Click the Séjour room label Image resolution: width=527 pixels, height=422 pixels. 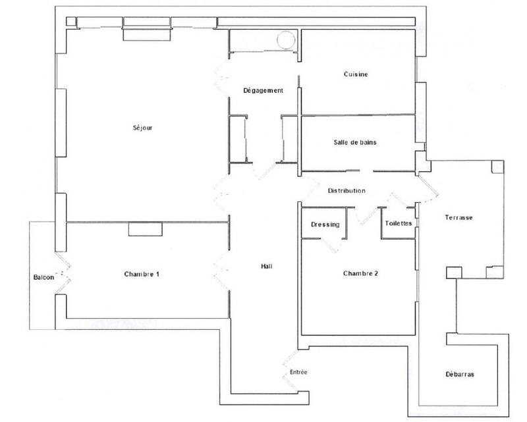pos(142,128)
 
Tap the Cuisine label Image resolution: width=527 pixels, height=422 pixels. pos(355,74)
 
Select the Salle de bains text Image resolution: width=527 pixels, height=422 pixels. pos(355,142)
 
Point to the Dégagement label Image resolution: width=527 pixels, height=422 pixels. pos(263,91)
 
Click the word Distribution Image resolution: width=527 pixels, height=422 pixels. pos(347,191)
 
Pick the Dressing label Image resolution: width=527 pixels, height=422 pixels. pos(325,224)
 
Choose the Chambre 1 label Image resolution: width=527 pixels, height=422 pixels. pos(142,275)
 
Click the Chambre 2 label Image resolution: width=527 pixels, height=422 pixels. pos(360,274)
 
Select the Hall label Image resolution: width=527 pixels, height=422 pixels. pos(267,267)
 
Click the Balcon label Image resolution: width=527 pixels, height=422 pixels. pos(43,278)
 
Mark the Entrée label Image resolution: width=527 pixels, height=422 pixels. pos(298,373)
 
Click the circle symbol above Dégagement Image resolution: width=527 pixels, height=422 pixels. pos(285,41)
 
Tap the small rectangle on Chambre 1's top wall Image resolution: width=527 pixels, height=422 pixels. pos(145,228)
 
